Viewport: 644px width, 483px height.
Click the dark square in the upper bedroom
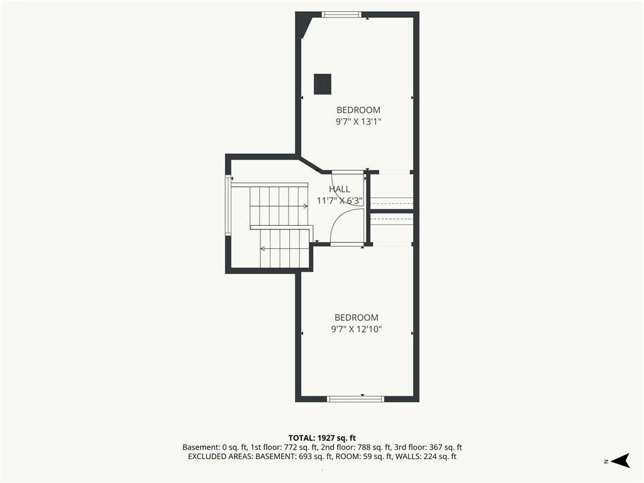(323, 84)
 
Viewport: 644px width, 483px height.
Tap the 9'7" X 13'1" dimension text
(358, 121)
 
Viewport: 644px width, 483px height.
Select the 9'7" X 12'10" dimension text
(357, 329)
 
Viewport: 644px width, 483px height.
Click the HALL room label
(340, 189)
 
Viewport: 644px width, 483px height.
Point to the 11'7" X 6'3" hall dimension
(339, 201)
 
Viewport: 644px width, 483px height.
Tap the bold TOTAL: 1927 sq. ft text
(322, 438)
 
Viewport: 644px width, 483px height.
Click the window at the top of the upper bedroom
(341, 14)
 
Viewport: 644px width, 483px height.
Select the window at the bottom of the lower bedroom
(356, 398)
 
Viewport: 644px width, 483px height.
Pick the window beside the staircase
(228, 205)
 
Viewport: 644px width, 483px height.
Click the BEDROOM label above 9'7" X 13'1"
(358, 109)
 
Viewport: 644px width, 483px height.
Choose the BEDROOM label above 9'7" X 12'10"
(357, 317)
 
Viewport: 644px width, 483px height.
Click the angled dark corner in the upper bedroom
(304, 26)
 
